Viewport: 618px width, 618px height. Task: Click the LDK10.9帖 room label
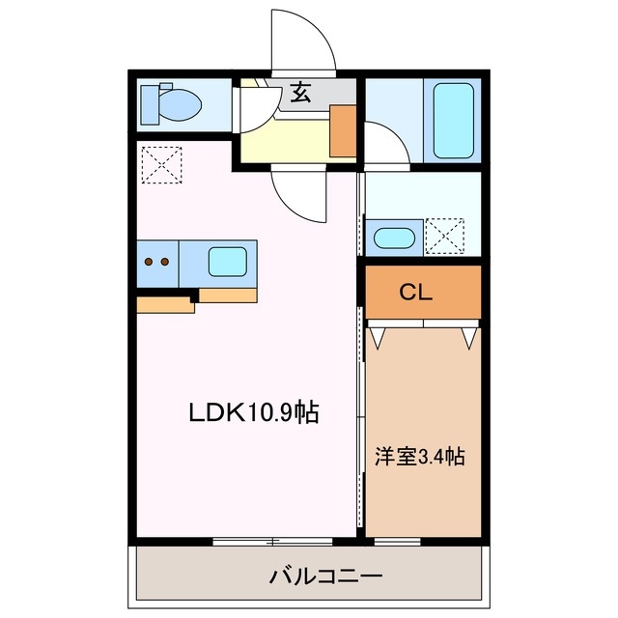point(254,413)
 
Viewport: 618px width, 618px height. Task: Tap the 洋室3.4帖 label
point(420,456)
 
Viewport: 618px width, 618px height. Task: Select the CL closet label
point(422,292)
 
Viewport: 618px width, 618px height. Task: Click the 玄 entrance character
point(300,94)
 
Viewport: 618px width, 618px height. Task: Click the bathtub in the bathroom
point(452,121)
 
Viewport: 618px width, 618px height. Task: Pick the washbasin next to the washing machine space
point(394,238)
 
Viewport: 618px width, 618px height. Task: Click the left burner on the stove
point(149,262)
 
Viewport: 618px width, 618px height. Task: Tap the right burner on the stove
point(165,262)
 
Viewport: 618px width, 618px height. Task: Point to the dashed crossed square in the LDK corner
point(160,162)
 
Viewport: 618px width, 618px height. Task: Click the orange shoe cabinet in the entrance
point(343,131)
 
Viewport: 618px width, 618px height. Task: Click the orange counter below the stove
point(165,305)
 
